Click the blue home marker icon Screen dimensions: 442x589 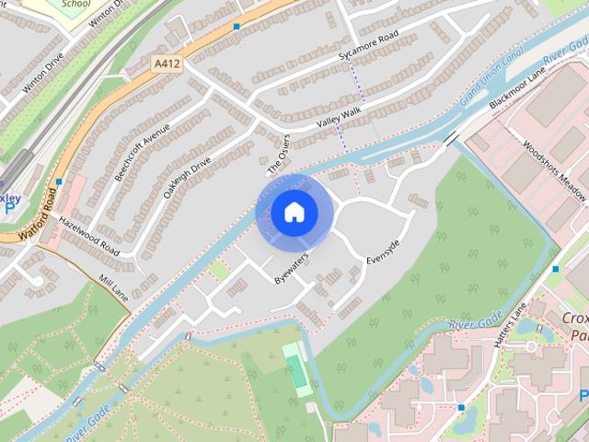click(294, 213)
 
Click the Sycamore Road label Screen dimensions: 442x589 click(368, 45)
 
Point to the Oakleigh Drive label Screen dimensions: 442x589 click(188, 177)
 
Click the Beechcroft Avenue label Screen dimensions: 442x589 click(142, 152)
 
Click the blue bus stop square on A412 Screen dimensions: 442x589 click(237, 27)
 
